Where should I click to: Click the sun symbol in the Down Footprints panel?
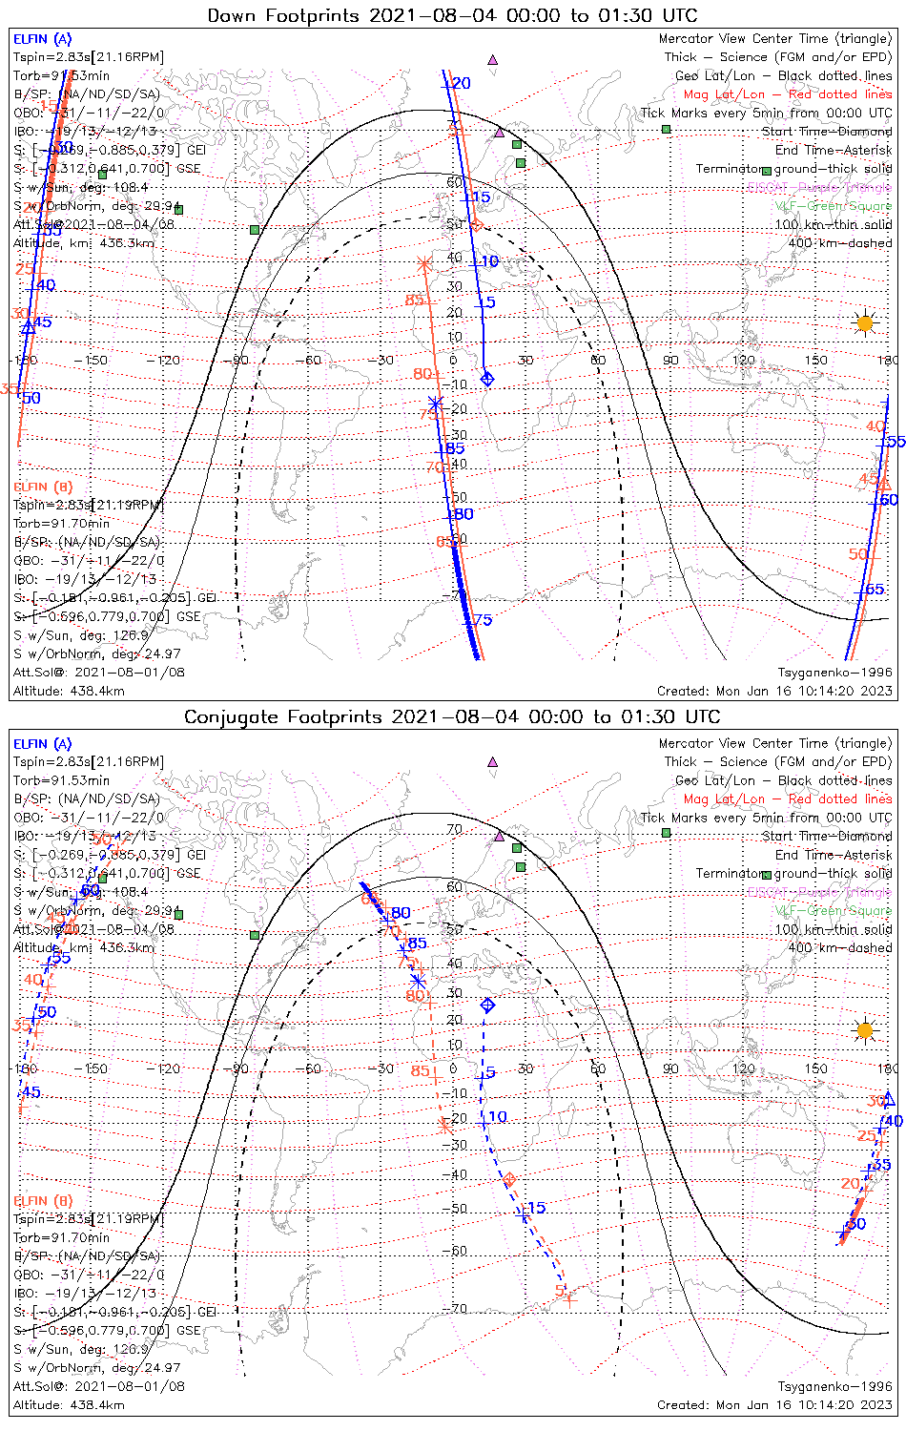coord(864,323)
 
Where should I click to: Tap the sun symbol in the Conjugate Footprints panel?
coord(864,1030)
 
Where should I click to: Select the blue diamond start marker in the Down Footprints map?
coord(487,379)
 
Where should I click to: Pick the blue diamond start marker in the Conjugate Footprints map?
coord(487,1005)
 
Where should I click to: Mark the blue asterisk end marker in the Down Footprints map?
coord(436,403)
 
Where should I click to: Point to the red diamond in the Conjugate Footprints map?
coord(509,1181)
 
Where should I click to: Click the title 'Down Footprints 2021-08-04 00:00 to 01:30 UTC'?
coord(452,15)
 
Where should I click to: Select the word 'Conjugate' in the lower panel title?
coord(224,716)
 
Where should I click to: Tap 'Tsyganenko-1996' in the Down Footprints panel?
coord(834,673)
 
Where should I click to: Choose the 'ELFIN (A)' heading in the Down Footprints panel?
coord(42,39)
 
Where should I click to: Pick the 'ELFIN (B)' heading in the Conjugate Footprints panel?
coord(43,1200)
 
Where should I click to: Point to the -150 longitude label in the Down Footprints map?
coord(94,360)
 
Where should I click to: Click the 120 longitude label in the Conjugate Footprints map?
coord(743,1068)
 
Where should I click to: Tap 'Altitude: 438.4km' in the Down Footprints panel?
coord(69,691)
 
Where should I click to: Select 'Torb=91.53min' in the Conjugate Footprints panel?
coord(61,780)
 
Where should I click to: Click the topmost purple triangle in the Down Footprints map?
coord(492,59)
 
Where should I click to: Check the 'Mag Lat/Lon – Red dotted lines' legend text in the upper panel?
coord(787,94)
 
